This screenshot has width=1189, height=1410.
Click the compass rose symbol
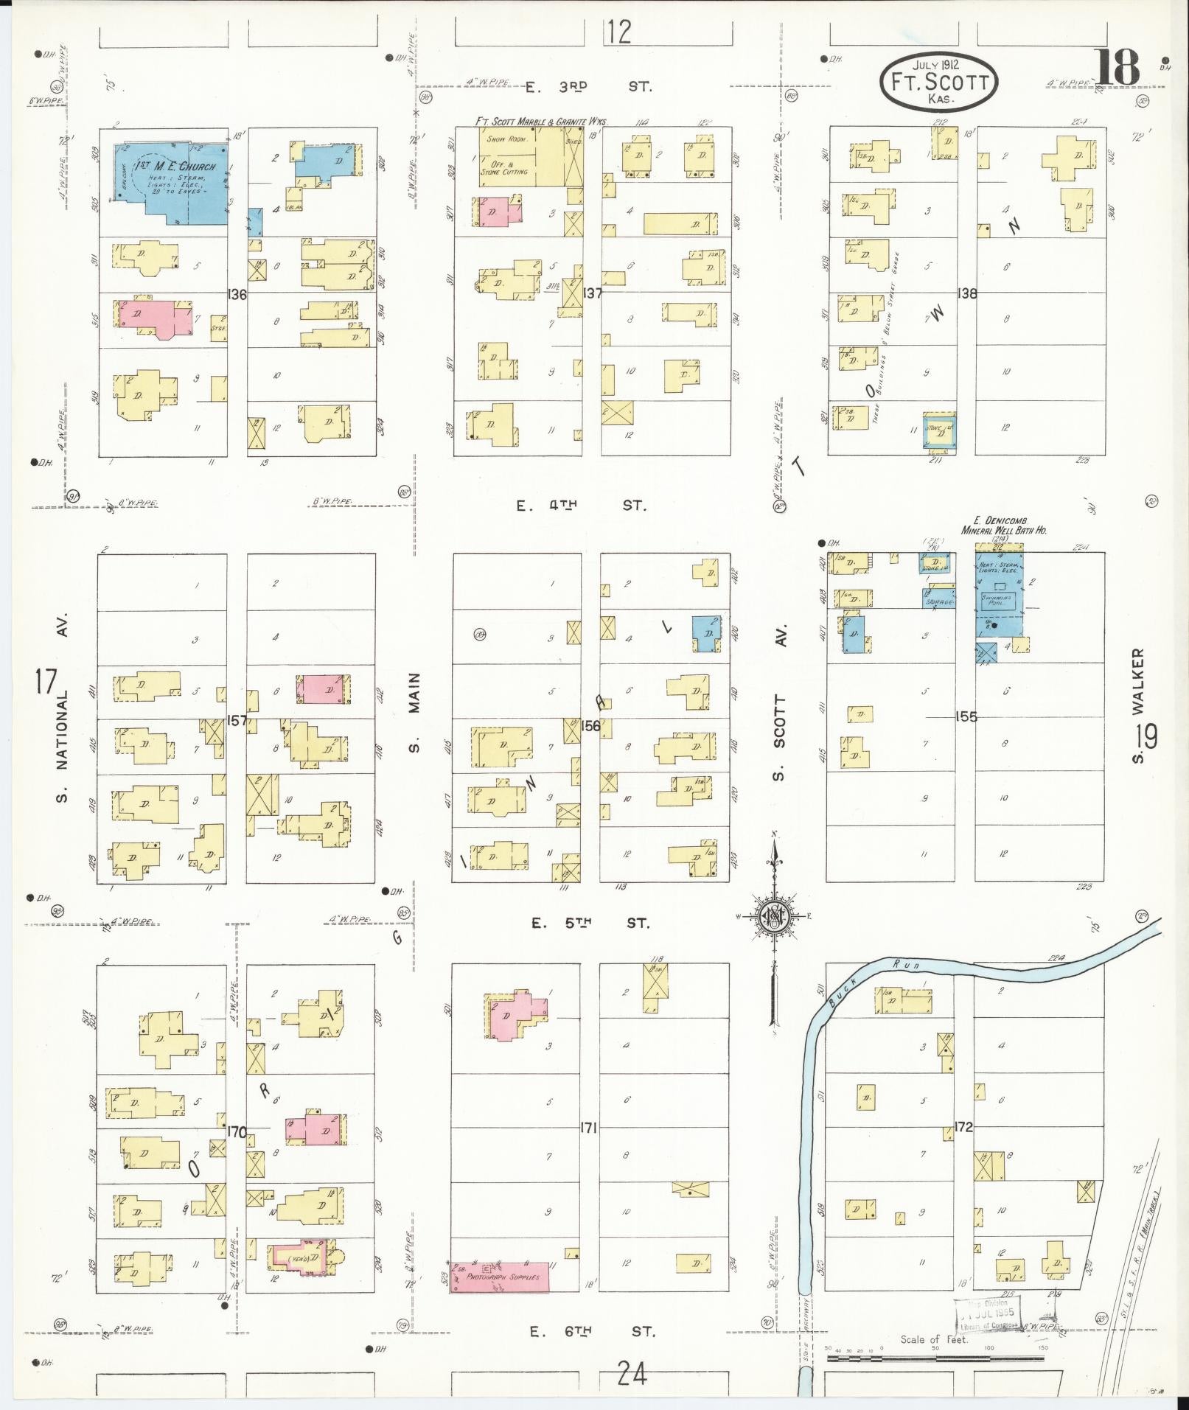pos(774,916)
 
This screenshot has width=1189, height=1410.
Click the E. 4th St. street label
pos(582,506)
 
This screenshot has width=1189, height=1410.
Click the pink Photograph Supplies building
pos(500,1277)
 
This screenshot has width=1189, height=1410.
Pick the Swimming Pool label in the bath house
pos(1000,601)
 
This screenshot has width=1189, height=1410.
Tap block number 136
pos(237,294)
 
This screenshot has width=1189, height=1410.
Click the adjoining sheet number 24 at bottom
pos(632,1374)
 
